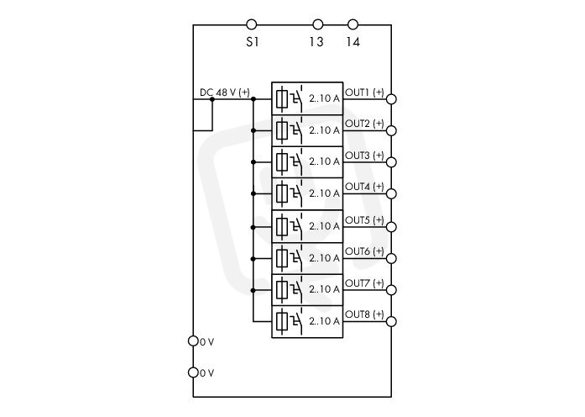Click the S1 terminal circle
252,24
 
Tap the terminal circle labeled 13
317,24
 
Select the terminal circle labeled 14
353,24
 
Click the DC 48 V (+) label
225,92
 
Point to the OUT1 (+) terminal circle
391,99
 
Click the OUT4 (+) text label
364,186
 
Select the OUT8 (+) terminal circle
391,321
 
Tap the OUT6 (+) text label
364,251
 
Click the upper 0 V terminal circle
193,340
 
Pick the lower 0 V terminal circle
193,372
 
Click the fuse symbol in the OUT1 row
282,98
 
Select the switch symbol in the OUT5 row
296,225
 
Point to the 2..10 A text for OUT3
324,161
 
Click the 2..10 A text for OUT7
324,289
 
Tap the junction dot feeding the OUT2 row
253,130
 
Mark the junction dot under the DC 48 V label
212,99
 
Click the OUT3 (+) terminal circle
391,162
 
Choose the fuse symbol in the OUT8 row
282,321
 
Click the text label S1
252,42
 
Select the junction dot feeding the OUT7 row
253,290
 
